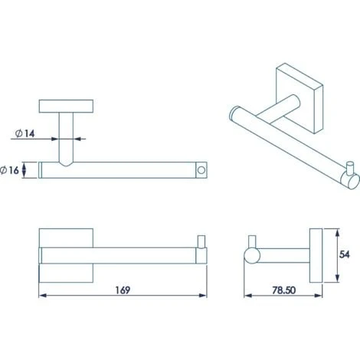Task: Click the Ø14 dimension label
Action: point(25,133)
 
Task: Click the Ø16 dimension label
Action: point(10,170)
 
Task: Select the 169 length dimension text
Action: point(123,290)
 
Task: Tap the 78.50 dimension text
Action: point(283,290)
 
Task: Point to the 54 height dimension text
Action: point(345,254)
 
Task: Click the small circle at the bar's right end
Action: point(201,170)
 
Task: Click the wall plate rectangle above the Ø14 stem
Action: point(66,106)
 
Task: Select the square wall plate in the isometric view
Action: point(299,98)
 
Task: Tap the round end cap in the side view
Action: point(252,256)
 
